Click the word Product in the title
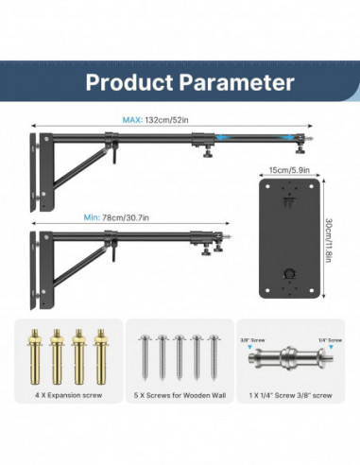[127, 81]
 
